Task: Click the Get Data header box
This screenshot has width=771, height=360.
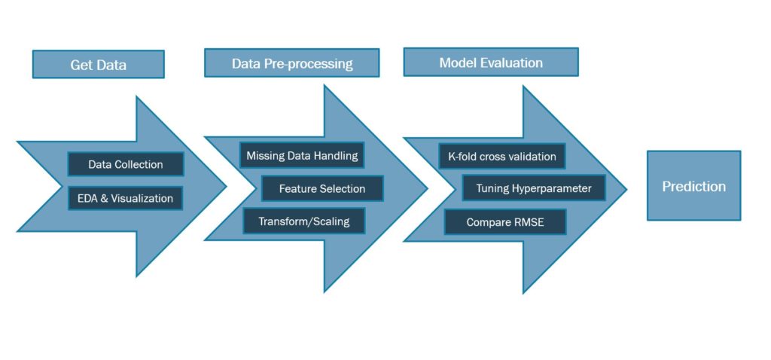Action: pos(98,65)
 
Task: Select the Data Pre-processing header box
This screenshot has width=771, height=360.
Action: pos(292,63)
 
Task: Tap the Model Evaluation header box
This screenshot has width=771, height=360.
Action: pos(491,63)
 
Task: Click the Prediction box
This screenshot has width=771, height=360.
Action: pos(693,186)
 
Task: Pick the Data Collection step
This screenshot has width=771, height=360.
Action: pos(126,164)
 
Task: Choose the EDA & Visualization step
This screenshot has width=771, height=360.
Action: pos(126,199)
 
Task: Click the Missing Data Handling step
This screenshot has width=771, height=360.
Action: pos(302,156)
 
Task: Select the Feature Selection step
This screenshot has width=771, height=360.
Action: pos(322,188)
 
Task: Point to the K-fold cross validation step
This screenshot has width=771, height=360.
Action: pos(502,157)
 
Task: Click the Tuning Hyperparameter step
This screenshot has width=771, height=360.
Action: pos(534,188)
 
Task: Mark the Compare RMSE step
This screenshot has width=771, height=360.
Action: pos(504,222)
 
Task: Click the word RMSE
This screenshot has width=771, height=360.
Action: pos(527,222)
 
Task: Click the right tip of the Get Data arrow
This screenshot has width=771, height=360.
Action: pos(226,185)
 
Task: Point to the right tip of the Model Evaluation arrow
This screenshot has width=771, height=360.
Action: pos(626,190)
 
